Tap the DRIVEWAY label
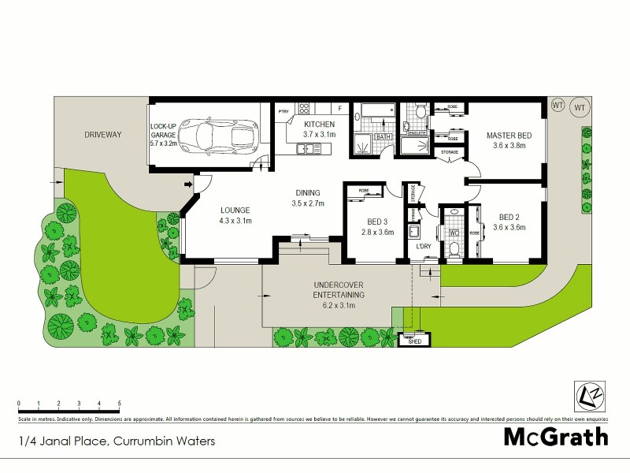tap(103, 135)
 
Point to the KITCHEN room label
tap(320, 125)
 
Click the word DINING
tap(307, 192)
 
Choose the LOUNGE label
tap(235, 210)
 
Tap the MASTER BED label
tap(508, 136)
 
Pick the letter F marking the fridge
tap(339, 108)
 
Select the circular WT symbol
tap(580, 106)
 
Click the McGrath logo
tap(556, 437)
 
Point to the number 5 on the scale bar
tap(120, 403)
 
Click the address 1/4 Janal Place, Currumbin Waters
tap(117, 441)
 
